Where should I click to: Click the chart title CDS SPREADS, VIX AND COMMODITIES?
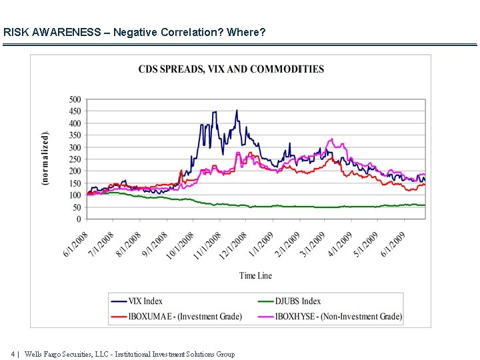[231, 69]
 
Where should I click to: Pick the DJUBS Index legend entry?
[298, 301]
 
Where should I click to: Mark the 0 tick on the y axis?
[79, 219]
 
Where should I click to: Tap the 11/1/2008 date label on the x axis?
[207, 245]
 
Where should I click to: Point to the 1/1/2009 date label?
[261, 245]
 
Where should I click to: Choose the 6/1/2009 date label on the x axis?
[393, 245]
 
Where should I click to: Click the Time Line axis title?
[256, 275]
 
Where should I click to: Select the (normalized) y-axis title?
[45, 159]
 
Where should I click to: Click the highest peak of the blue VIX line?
[236, 111]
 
